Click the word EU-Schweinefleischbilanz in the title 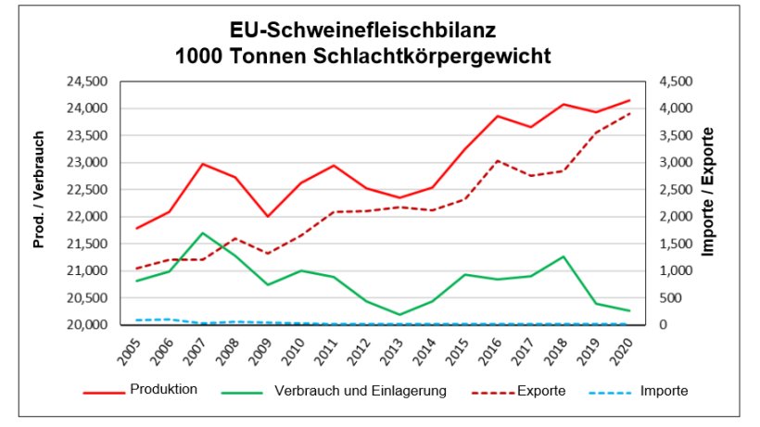(x=363, y=30)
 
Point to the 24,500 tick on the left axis (x=88, y=82)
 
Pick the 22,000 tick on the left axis (x=88, y=217)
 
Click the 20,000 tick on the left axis (x=88, y=325)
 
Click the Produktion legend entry (x=163, y=390)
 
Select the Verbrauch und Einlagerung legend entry (x=361, y=391)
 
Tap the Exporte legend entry (x=539, y=391)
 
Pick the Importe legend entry (x=664, y=391)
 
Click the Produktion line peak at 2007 (x=203, y=164)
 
